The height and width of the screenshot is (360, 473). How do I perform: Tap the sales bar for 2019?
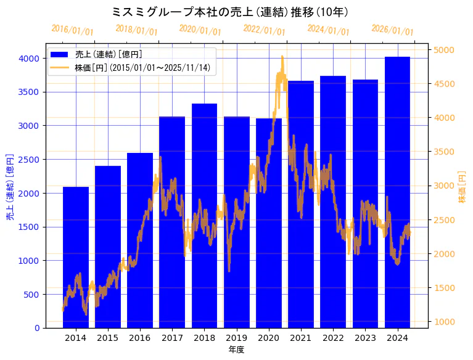pos(237,222)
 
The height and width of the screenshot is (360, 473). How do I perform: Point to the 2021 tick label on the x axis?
pos(301,338)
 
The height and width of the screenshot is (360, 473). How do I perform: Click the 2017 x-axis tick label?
pos(172,338)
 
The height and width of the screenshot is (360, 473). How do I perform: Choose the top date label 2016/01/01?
pos(72,30)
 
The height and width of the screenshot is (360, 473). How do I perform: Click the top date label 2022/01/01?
pos(264,30)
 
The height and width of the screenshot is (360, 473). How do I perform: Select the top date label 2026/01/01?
pos(392,30)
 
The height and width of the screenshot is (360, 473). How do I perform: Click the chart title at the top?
pos(231,12)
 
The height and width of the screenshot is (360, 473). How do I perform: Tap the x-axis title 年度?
pos(236,350)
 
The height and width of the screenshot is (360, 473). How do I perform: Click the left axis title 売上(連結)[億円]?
pos(10,186)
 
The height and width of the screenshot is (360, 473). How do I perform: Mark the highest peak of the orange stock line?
pos(282,57)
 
